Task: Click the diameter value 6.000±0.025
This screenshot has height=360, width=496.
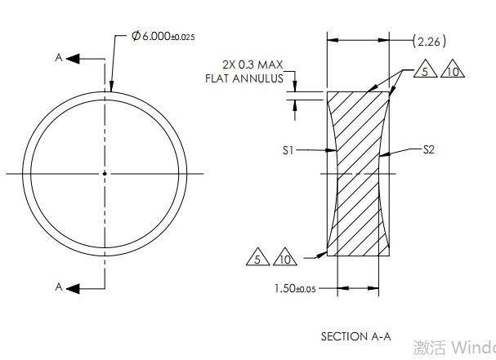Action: (169, 37)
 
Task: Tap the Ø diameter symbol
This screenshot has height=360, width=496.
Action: (136, 37)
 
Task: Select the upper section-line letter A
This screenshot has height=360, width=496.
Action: (58, 58)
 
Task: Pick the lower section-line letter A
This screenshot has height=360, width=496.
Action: (58, 287)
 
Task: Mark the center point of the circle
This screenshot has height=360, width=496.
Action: (105, 173)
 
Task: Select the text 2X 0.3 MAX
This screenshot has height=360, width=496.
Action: (252, 64)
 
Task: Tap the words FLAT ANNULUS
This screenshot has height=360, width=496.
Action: (244, 78)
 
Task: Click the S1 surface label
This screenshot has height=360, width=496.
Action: (288, 150)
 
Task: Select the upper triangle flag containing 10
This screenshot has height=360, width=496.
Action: (453, 72)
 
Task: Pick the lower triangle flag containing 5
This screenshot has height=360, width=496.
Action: (257, 258)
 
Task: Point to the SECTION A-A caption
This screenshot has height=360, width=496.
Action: (356, 336)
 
